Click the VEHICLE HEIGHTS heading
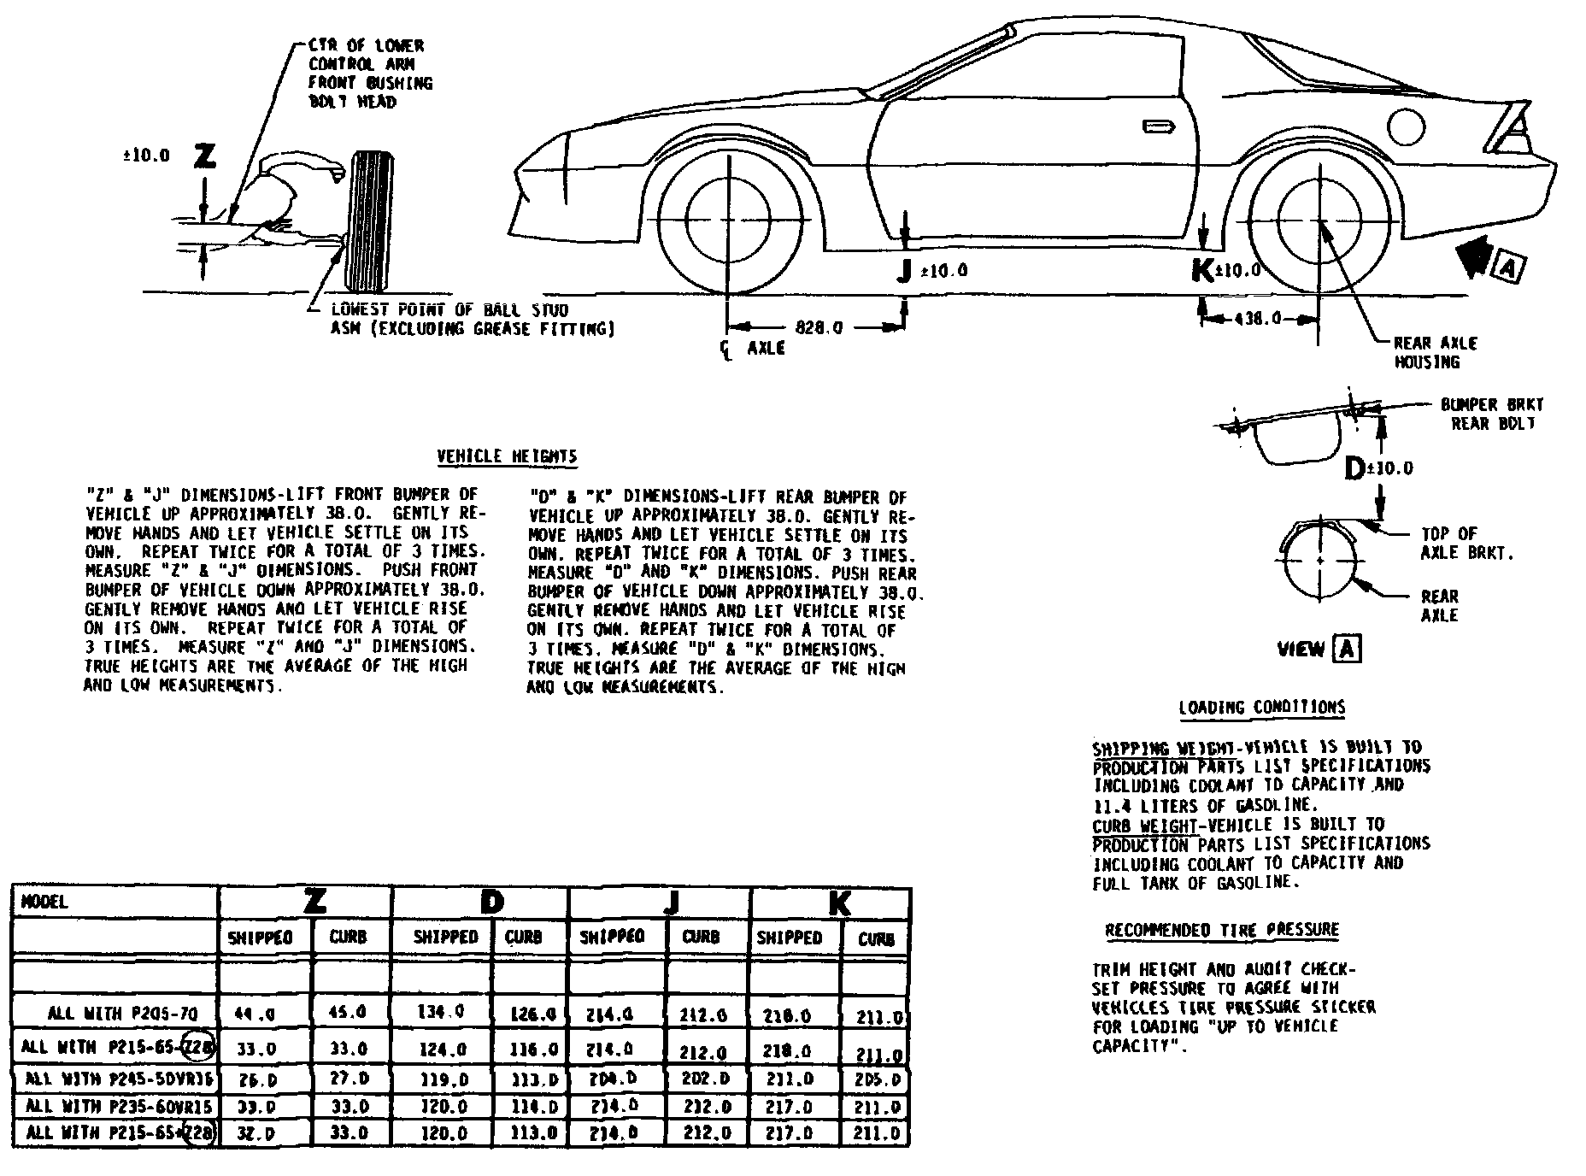507,457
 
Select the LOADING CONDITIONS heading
1261,708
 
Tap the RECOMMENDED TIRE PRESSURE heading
1222,930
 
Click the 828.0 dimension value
819,326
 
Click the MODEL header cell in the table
44,903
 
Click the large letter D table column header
491,902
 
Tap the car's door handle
1158,126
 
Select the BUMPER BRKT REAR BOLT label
1492,414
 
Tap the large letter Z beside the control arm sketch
205,156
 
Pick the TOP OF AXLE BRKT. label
1466,543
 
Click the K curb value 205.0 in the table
877,1080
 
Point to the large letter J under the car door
903,271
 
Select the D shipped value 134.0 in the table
441,1012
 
